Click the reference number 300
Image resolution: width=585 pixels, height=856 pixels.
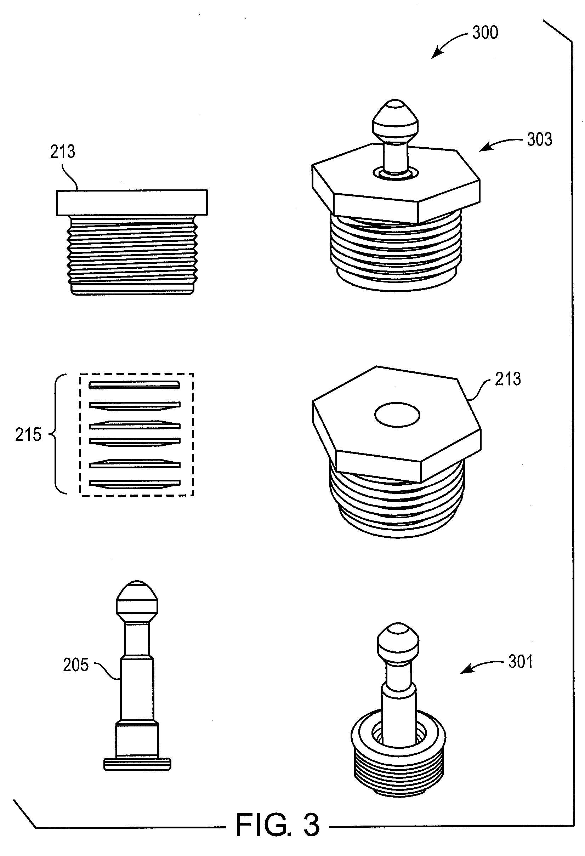[485, 33]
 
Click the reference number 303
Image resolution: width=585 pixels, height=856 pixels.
[539, 139]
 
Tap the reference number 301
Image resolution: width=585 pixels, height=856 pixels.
[520, 662]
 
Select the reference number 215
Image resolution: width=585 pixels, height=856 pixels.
[28, 435]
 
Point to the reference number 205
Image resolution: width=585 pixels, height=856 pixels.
[76, 665]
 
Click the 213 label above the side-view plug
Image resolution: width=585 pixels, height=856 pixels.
[63, 152]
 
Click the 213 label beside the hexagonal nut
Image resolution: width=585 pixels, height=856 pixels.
[508, 379]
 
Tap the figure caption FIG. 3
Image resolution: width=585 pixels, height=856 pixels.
[277, 825]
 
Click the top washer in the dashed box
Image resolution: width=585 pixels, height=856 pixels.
[135, 385]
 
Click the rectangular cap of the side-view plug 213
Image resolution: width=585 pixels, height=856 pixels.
[132, 202]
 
